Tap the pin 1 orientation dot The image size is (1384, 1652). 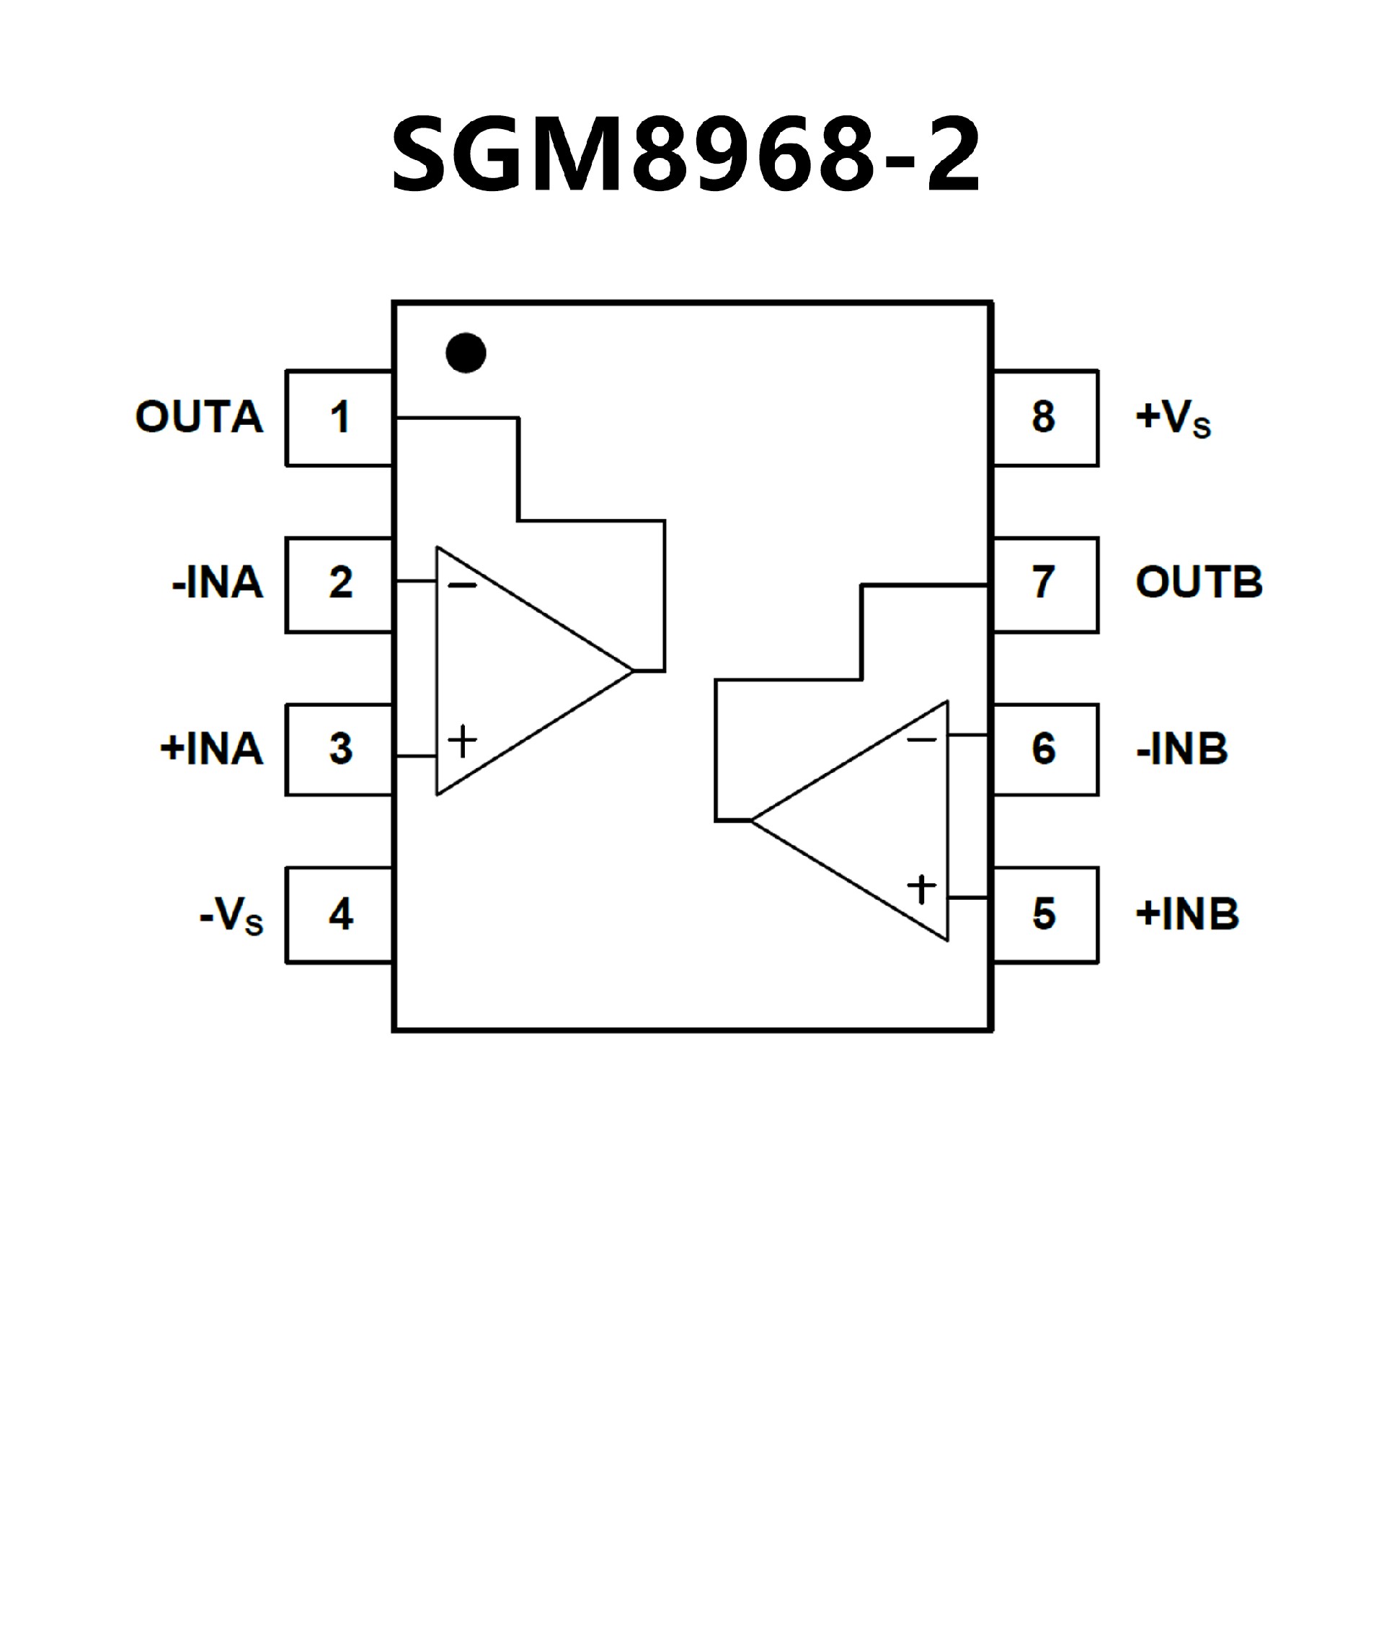coord(466,353)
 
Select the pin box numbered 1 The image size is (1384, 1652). coord(339,418)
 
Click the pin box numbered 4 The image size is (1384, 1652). coord(339,915)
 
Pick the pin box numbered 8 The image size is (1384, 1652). coord(1045,418)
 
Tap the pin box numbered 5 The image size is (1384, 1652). coord(1045,915)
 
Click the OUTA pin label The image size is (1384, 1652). coord(199,417)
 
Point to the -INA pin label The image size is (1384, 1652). coord(218,583)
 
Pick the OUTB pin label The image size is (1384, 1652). coord(1199,583)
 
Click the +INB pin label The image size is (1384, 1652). coord(1187,915)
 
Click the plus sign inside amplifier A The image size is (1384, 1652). coord(462,741)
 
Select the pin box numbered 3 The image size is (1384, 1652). coord(339,750)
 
